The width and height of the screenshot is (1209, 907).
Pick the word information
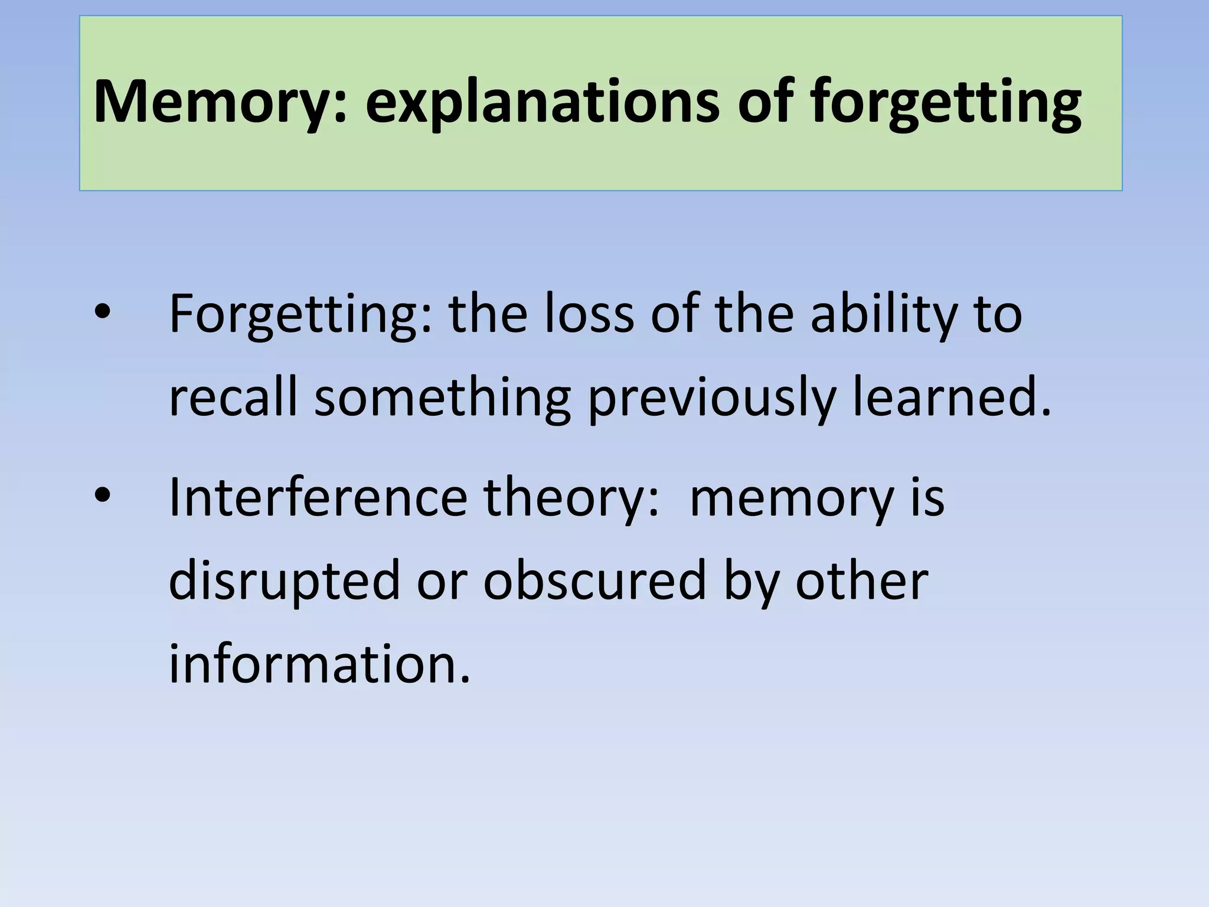click(x=319, y=664)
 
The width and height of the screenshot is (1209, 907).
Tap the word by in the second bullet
click(x=750, y=581)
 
